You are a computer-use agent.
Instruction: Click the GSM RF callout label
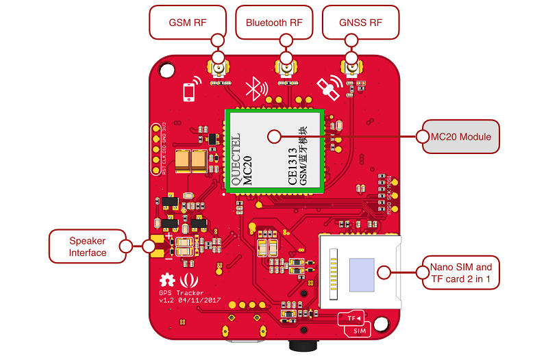point(188,23)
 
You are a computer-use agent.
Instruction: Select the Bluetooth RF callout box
point(274,23)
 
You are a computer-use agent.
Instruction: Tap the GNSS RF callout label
point(360,23)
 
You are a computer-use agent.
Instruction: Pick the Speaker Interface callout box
point(88,246)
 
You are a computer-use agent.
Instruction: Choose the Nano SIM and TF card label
point(460,272)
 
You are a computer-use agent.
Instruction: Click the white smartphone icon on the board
point(190,92)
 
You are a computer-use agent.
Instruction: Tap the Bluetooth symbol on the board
point(256,88)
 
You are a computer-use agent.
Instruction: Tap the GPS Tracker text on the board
point(181,293)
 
